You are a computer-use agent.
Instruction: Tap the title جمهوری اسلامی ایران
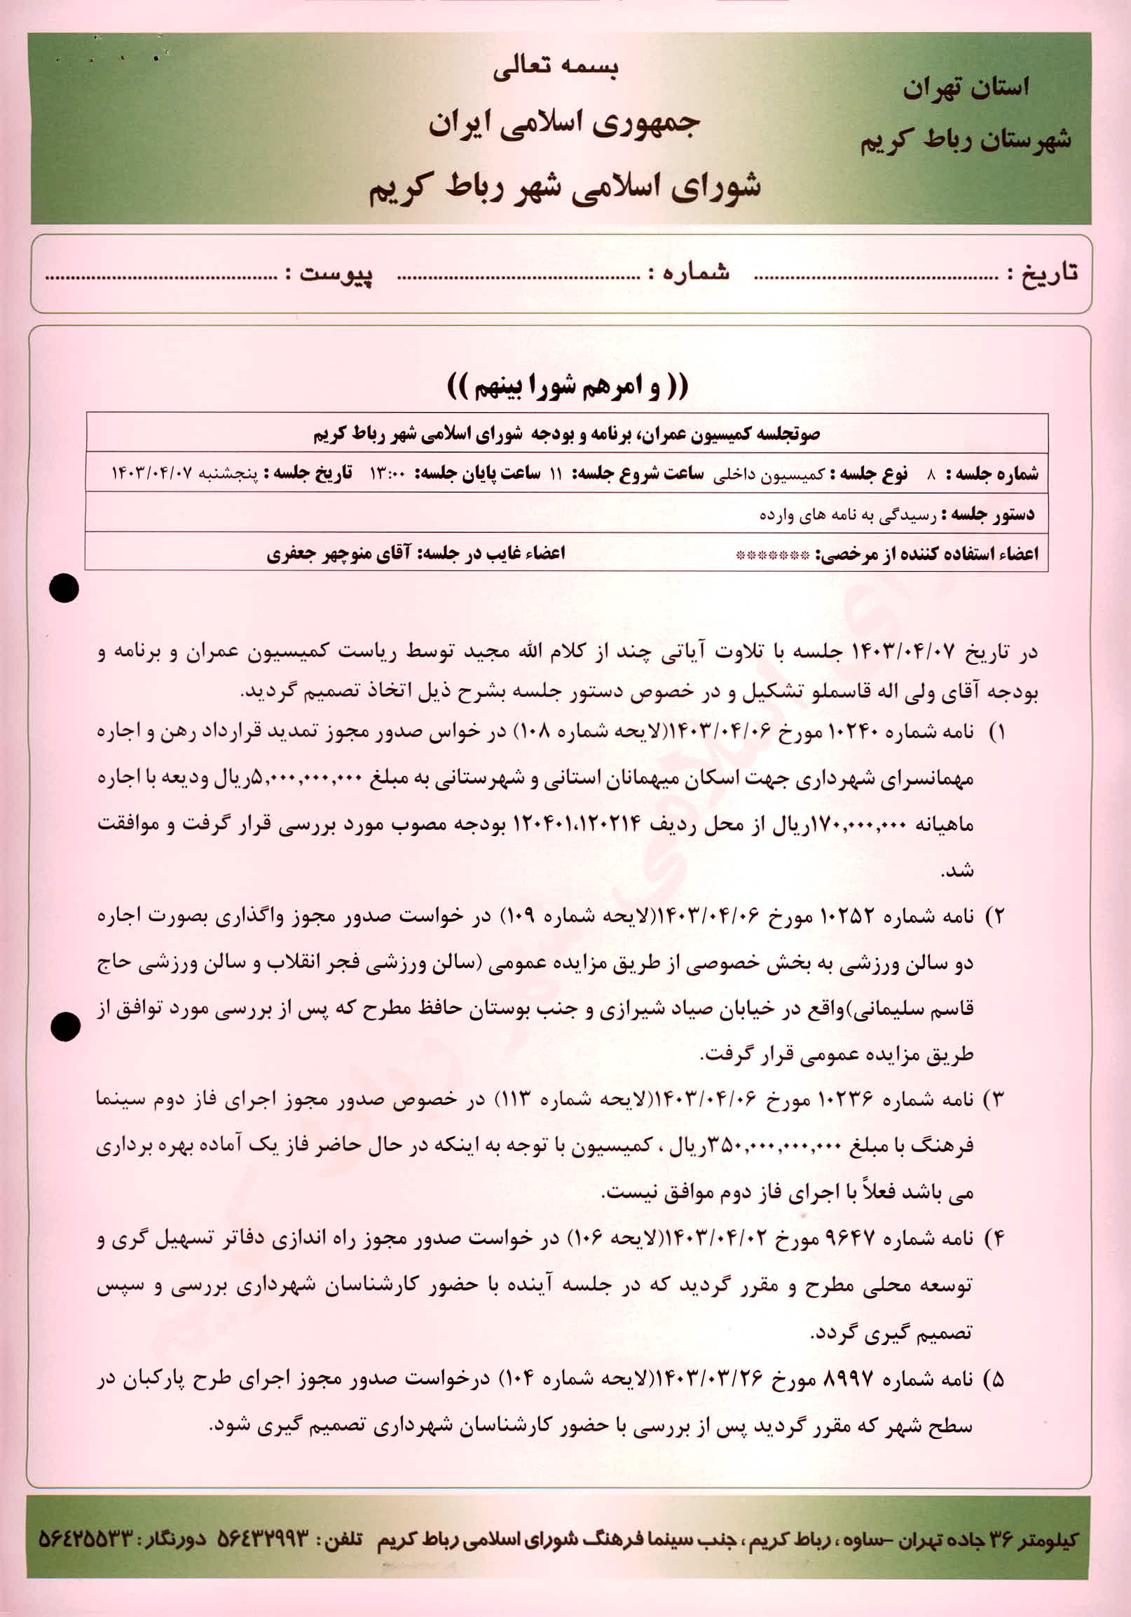click(x=564, y=124)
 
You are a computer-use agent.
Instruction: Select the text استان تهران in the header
click(x=966, y=89)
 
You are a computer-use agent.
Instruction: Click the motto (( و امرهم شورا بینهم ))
click(x=568, y=386)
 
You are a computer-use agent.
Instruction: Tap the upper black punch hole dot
click(x=64, y=589)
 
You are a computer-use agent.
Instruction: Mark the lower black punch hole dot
click(x=65, y=1028)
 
